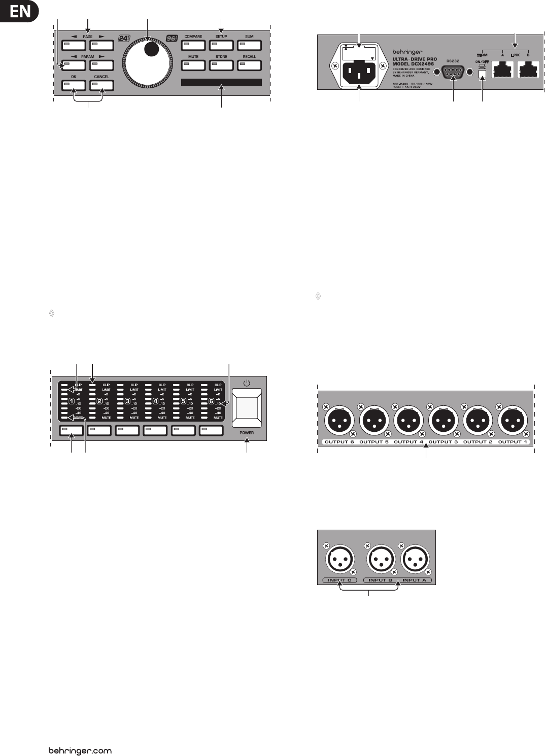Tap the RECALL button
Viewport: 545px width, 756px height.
coord(249,65)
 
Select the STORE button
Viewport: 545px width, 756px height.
coord(221,65)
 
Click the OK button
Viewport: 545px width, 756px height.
coord(74,85)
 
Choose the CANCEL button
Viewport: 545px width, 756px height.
coord(101,85)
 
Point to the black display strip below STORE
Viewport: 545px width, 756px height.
coord(221,82)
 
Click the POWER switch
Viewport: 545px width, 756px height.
coord(247,407)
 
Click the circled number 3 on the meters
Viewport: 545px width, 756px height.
coord(128,401)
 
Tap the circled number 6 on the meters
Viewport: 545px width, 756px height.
coord(212,401)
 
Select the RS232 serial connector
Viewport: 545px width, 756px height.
coord(453,73)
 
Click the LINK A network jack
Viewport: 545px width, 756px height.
coord(502,70)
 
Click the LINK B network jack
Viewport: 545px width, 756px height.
coord(528,70)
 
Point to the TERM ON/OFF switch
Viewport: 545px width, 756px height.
coord(482,74)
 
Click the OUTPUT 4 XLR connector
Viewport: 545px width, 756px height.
coord(408,421)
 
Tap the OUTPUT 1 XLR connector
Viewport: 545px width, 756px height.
coord(513,421)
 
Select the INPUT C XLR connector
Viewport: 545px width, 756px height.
coord(339,560)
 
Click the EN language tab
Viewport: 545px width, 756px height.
coord(19,11)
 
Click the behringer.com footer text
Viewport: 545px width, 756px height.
coord(80,750)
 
